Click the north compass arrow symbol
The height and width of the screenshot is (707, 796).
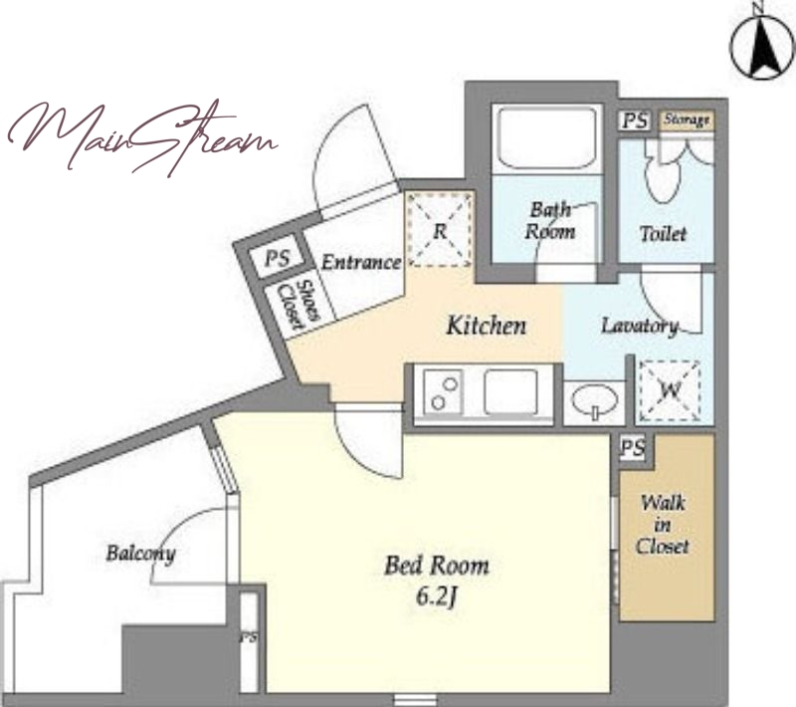762,47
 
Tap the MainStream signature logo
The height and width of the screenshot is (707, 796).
143,137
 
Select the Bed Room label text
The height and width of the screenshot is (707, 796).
437,566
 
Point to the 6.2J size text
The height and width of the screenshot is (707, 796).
437,597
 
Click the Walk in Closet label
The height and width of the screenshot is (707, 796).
662,525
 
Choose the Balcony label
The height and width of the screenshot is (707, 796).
140,553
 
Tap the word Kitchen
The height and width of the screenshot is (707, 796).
487,326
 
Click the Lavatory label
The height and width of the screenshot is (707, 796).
640,326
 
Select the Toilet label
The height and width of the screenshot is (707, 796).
663,234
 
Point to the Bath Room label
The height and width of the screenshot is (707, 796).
550,220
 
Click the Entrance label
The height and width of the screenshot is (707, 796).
361,263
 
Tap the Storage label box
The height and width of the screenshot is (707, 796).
687,120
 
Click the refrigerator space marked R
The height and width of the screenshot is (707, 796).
440,230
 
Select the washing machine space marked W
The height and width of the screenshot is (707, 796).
670,390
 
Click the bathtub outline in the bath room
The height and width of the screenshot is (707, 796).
546,138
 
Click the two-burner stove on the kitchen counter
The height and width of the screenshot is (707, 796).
443,391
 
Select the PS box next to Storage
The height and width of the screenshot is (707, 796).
635,120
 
